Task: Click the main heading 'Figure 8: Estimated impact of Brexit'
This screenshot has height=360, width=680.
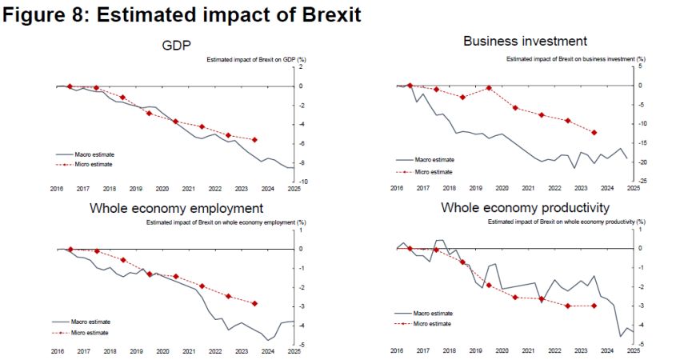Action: [x=182, y=15]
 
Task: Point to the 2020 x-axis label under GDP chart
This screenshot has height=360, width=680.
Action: [x=162, y=189]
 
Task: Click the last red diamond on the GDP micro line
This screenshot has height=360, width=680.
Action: [x=255, y=140]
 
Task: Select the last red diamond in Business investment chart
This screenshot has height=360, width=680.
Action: [x=594, y=133]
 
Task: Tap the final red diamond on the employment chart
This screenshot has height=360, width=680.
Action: [x=255, y=303]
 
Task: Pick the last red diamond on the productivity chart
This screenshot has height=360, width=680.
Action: [x=594, y=306]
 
